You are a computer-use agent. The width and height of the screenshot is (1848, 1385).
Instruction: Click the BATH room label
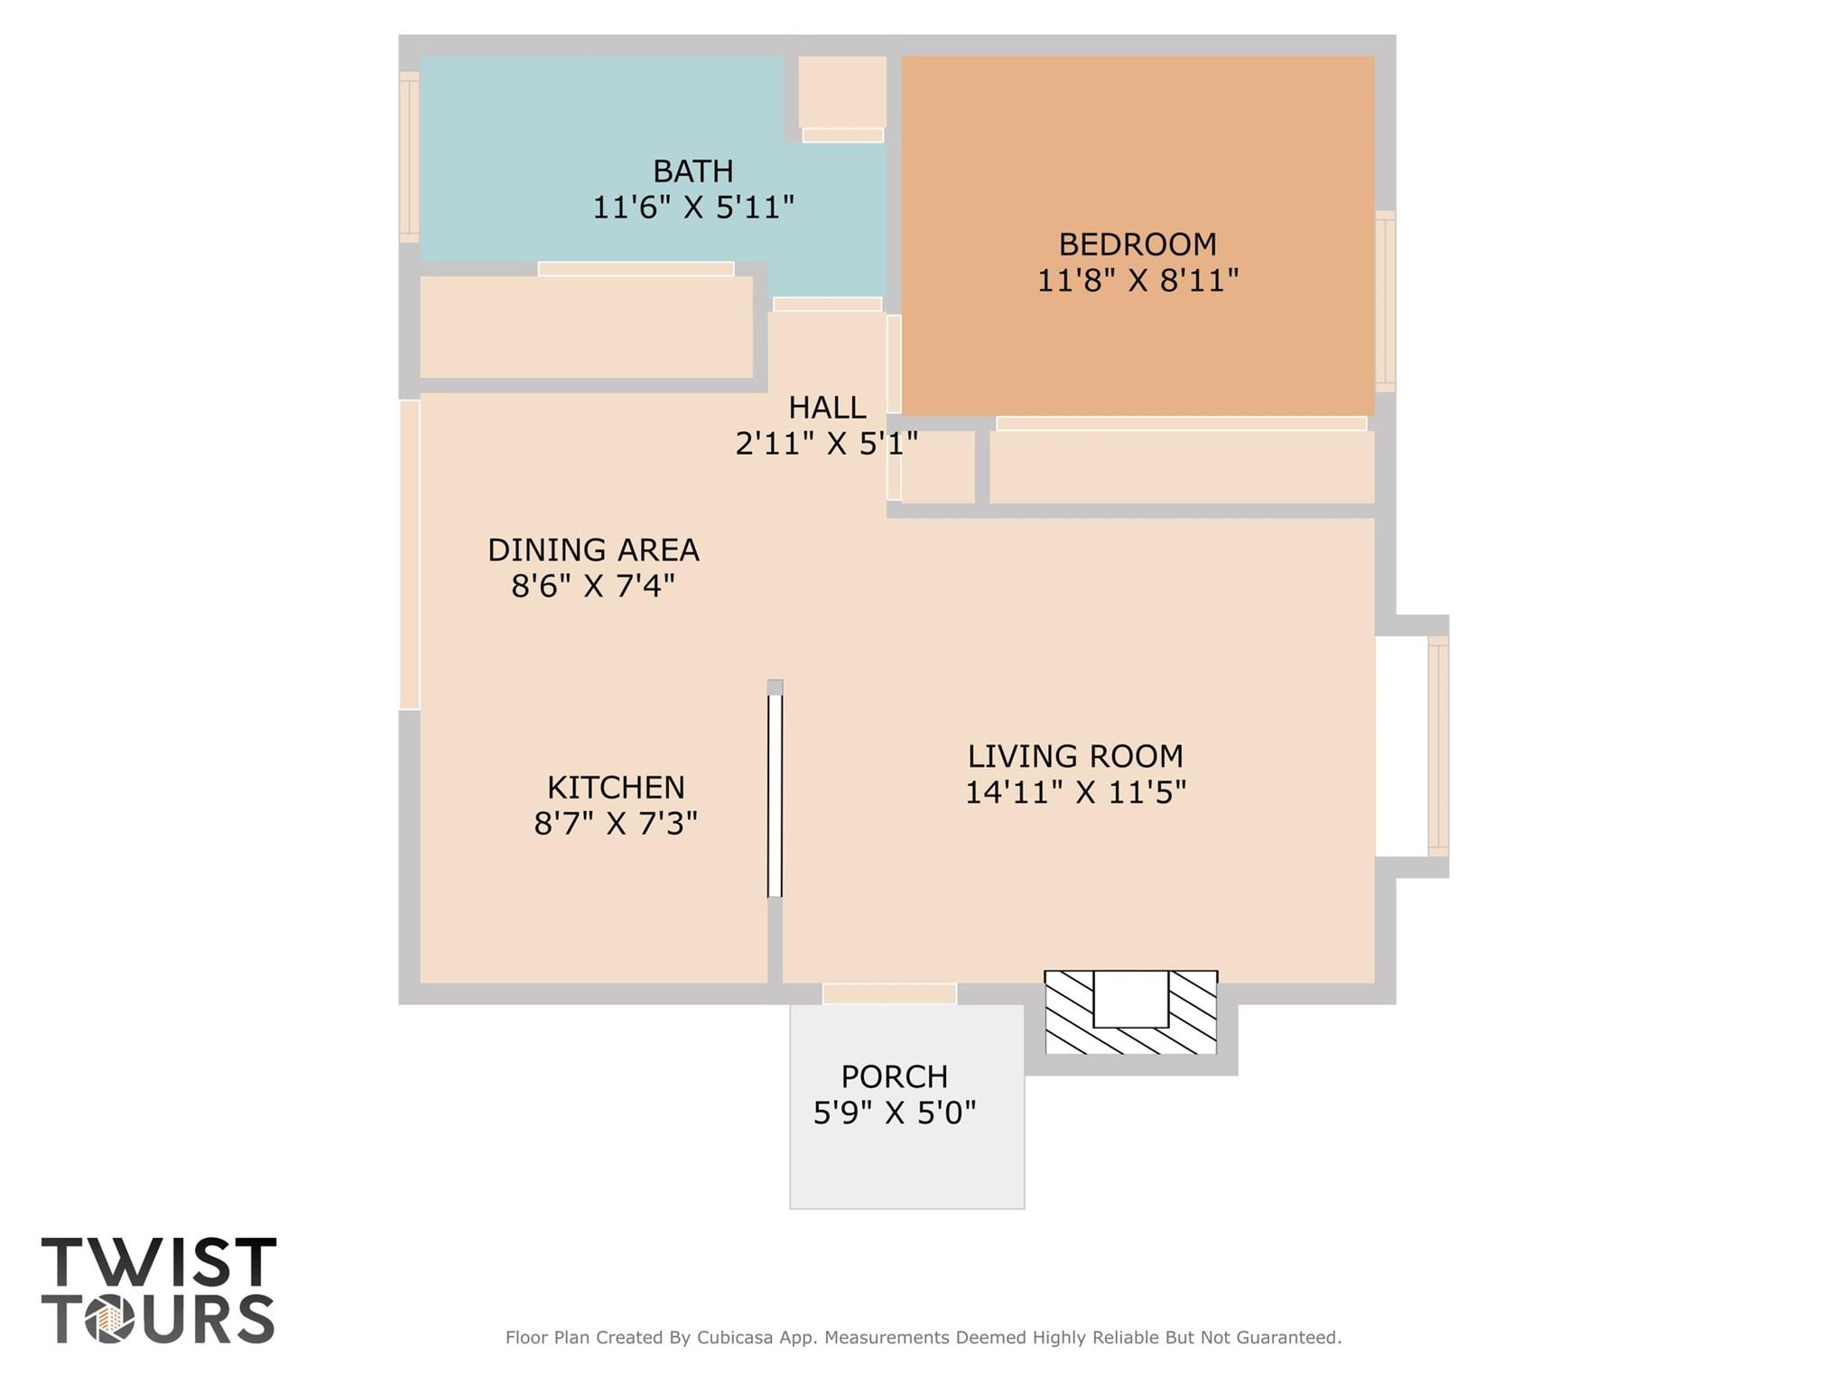coord(692,171)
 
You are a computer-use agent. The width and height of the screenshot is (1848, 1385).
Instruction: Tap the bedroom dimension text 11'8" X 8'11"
coord(1137,281)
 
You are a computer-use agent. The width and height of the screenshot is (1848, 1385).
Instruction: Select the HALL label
coord(826,408)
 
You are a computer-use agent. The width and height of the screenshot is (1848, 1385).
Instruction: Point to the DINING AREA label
coord(593,549)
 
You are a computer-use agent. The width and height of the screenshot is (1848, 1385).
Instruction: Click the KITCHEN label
coord(615,788)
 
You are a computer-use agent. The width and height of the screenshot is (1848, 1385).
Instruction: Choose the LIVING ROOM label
coord(1074,755)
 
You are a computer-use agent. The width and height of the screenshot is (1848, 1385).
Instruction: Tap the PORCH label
coord(894,1076)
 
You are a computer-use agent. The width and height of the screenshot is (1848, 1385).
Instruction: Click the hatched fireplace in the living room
coord(1130,1012)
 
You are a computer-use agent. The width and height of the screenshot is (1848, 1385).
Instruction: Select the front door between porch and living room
coord(889,993)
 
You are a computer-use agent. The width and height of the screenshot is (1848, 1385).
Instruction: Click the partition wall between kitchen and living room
coord(775,789)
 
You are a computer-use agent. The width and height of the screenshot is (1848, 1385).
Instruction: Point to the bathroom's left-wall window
coord(409,156)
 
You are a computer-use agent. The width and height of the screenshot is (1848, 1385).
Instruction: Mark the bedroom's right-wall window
coord(1385,300)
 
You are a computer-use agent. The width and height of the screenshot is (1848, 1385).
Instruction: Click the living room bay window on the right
coord(1437,745)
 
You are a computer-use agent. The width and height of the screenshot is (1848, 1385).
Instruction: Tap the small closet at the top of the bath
coord(841,91)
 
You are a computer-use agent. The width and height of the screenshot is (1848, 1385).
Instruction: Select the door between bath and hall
coord(827,304)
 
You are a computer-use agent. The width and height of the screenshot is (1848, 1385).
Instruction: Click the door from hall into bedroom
coord(894,364)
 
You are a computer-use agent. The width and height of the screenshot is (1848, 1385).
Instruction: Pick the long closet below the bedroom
coord(1181,466)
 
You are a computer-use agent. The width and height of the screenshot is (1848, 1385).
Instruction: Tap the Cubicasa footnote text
coord(923,1337)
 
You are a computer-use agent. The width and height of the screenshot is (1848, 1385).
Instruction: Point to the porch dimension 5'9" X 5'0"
coord(894,1113)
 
